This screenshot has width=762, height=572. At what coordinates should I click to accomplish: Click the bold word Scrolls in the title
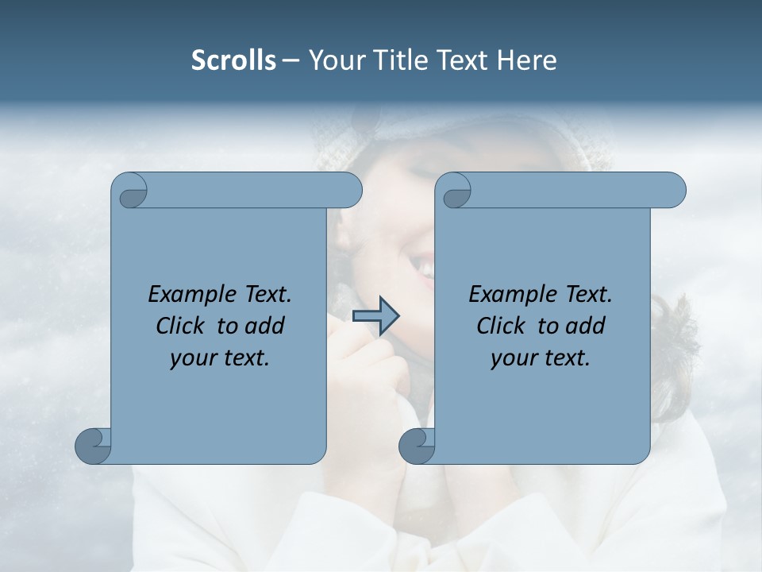[x=233, y=60]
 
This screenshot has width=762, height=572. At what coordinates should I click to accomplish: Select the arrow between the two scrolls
[x=375, y=316]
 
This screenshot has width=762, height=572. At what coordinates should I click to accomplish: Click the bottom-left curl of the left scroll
[x=92, y=445]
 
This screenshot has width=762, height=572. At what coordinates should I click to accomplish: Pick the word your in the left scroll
[x=191, y=358]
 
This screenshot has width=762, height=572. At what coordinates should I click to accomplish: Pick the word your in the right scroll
[x=512, y=358]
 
